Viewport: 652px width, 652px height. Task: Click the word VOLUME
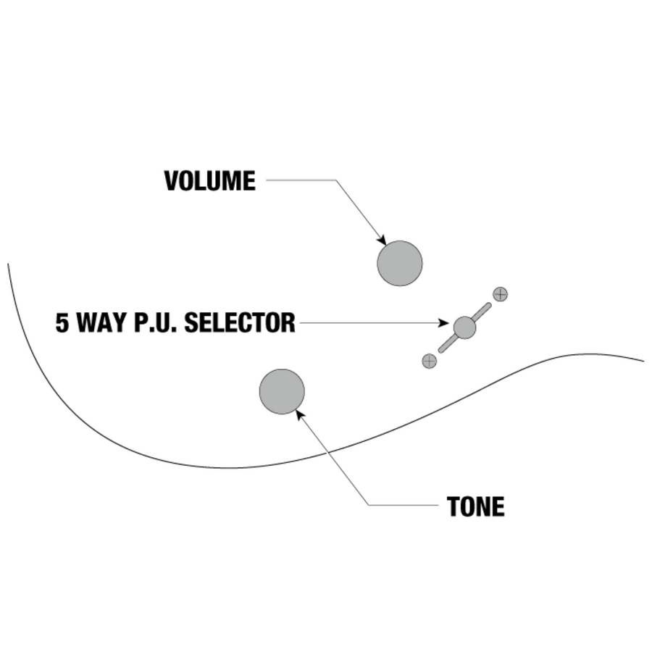209,181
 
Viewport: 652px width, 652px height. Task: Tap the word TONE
475,507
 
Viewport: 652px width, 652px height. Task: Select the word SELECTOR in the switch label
239,323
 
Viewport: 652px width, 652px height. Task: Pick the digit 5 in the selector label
62,323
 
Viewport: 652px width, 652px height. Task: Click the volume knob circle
399,263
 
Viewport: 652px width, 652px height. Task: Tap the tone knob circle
282,391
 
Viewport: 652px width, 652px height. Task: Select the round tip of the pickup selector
464,327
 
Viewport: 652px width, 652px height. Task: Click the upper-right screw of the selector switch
500,294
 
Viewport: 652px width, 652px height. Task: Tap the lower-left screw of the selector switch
430,361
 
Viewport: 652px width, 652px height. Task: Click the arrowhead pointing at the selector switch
446,324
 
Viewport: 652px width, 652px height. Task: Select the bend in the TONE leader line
368,505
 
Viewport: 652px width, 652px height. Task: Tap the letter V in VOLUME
171,181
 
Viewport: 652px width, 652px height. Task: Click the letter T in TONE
454,507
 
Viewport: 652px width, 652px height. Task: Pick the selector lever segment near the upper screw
482,311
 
